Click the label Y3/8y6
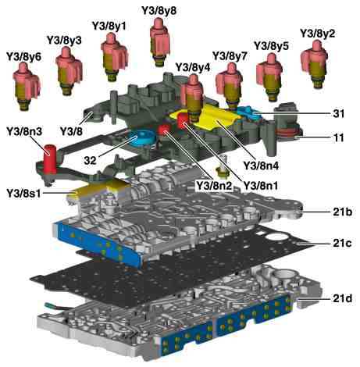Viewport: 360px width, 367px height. point(23,57)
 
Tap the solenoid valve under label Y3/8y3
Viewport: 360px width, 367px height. point(69,70)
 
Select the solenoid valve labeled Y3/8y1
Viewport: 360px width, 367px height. point(114,57)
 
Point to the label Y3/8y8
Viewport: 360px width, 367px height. point(159,10)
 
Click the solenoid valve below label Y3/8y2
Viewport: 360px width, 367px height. point(314,65)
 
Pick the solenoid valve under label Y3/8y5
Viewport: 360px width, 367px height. point(269,77)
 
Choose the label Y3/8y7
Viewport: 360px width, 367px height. point(230,56)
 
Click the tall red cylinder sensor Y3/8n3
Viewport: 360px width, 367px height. point(50,159)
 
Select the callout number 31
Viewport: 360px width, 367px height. point(338,113)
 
